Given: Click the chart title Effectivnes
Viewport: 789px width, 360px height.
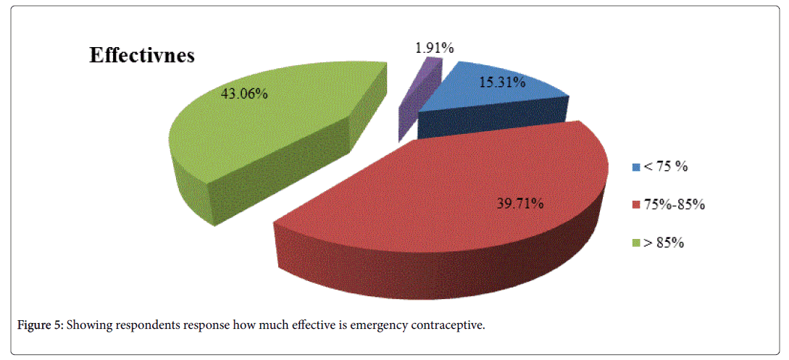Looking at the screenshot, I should tap(141, 56).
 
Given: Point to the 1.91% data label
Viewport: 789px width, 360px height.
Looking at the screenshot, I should tap(435, 49).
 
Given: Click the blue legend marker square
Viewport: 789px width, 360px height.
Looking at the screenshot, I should tap(636, 167).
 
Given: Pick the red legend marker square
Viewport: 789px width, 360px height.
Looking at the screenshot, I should tap(636, 205).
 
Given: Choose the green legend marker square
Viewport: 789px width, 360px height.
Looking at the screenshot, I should tap(636, 243).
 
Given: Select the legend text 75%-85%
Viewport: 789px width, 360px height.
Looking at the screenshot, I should tap(675, 205).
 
